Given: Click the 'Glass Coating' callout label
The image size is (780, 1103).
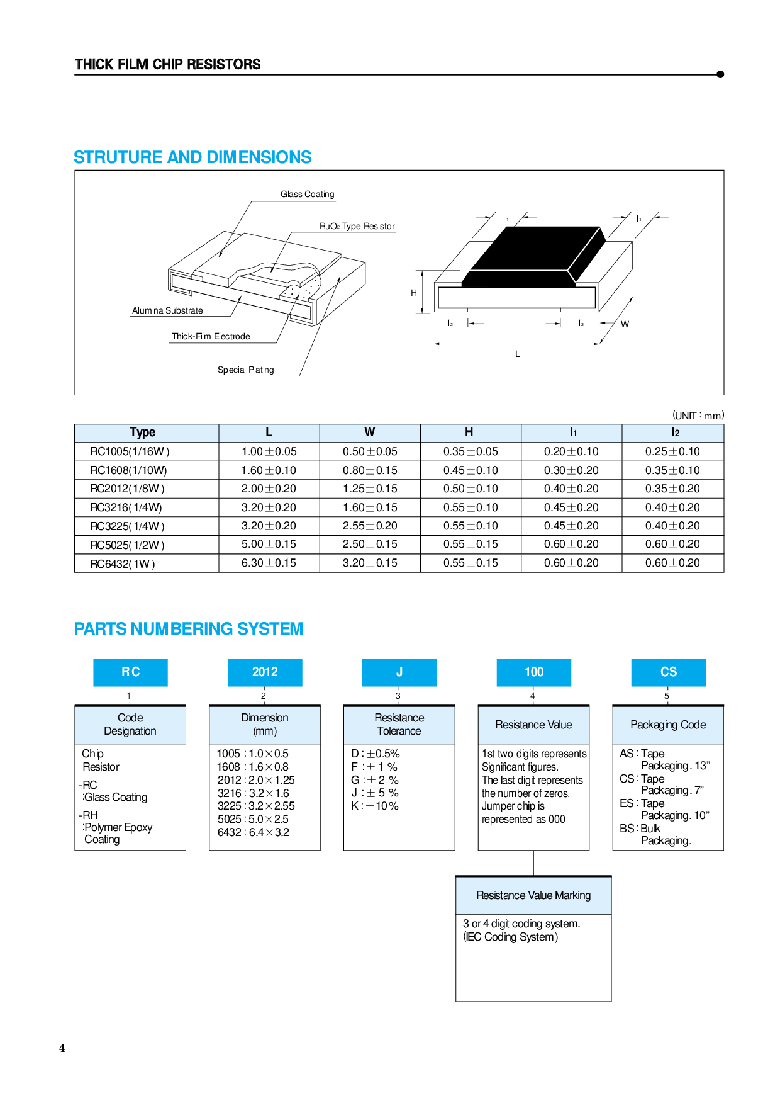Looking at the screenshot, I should coord(307,194).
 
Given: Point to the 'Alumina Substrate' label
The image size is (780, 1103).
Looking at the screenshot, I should coord(167,310).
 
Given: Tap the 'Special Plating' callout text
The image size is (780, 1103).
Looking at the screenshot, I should coord(245,370).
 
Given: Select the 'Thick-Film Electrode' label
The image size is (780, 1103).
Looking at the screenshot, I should coord(211,336).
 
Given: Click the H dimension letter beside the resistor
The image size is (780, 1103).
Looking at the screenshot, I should coord(414,293).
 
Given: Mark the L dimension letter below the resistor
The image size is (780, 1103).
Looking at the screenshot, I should coord(518,354).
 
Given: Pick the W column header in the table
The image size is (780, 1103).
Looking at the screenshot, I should coord(369,433).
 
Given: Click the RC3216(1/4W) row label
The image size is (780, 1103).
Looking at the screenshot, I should coord(126,507).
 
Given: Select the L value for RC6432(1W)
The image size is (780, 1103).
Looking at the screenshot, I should coord(269,563).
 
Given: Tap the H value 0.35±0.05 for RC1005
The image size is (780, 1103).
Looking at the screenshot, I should coord(470,451).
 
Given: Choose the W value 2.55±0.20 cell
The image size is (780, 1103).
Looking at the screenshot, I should coord(369,526).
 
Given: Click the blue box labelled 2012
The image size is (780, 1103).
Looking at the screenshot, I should coord(265,672).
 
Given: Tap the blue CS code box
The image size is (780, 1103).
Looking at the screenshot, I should coord(668,672).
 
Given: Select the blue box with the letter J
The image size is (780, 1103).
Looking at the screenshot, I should coord(399,672).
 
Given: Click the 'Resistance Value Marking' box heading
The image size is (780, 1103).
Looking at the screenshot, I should coord(533,895).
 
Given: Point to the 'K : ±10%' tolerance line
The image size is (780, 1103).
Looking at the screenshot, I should coord(375,806).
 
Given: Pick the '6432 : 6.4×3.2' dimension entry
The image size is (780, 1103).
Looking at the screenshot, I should coord(253,832).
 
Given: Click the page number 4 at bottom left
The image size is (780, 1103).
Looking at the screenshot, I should coord(62,1048).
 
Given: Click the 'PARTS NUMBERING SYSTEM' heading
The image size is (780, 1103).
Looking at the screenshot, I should coord(189,629).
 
